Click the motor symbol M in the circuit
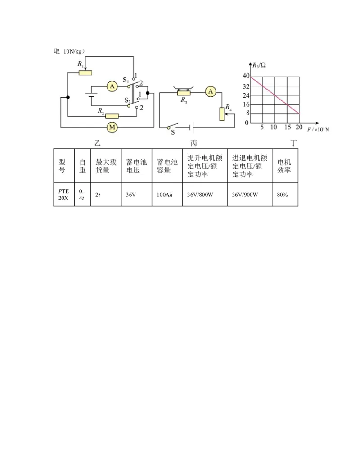112,127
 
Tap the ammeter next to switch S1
112,86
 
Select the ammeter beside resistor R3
211,92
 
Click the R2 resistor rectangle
112,116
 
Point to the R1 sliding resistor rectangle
85,72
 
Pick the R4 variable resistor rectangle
222,114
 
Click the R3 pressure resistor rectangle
184,93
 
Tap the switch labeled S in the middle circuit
172,126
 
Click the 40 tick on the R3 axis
246,76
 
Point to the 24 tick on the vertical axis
246,96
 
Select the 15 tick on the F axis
287,127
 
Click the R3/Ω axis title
259,65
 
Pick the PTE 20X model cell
64,195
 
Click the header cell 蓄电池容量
167,166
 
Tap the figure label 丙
193,144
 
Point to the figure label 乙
98,144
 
